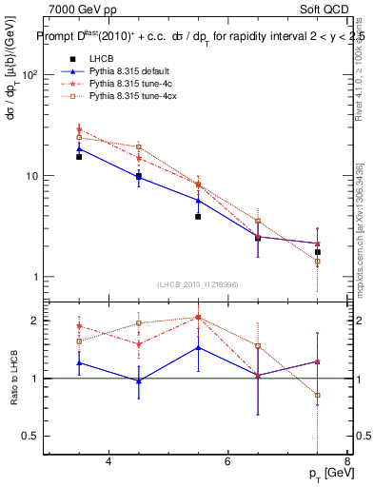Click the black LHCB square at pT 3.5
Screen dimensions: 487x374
(79, 156)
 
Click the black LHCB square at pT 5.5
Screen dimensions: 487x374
(198, 217)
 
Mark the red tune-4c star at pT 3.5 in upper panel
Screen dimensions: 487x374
(79, 128)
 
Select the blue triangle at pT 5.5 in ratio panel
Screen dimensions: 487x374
(198, 347)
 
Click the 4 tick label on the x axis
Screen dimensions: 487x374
(108, 461)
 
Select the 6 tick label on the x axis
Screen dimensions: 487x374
(227, 461)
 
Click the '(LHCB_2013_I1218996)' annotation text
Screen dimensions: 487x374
(197, 284)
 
